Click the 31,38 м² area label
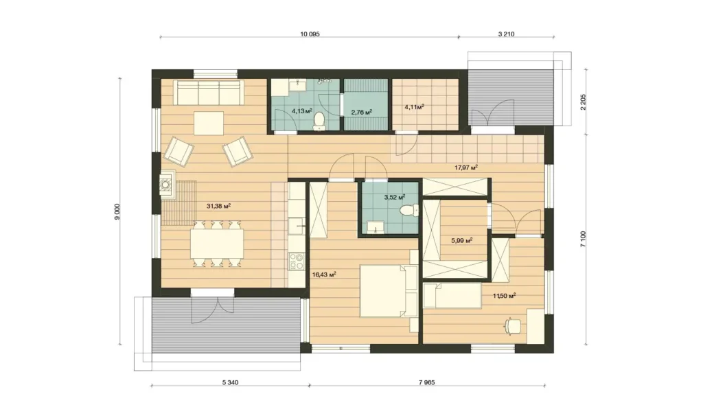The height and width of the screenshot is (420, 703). (x=218, y=206)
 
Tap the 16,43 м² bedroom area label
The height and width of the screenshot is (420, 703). (x=324, y=275)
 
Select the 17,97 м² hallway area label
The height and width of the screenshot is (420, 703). (x=466, y=167)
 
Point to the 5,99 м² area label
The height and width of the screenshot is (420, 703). (x=462, y=240)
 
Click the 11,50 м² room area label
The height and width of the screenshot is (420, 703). (x=505, y=296)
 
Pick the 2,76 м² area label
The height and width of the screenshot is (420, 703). (x=361, y=112)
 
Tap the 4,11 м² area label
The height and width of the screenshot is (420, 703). (x=414, y=107)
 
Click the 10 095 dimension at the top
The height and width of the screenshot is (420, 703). (x=310, y=34)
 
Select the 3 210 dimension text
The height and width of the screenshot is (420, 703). (x=506, y=34)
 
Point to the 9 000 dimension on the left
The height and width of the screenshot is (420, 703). (x=118, y=211)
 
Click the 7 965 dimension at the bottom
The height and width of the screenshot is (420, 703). (x=427, y=383)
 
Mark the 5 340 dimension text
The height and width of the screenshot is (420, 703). (x=230, y=383)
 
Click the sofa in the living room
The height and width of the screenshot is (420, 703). (x=209, y=93)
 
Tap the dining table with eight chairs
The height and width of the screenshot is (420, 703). (x=218, y=244)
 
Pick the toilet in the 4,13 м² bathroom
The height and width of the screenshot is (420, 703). (x=319, y=120)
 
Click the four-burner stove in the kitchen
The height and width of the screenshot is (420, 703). (x=296, y=261)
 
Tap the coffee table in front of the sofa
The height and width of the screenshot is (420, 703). (x=209, y=123)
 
